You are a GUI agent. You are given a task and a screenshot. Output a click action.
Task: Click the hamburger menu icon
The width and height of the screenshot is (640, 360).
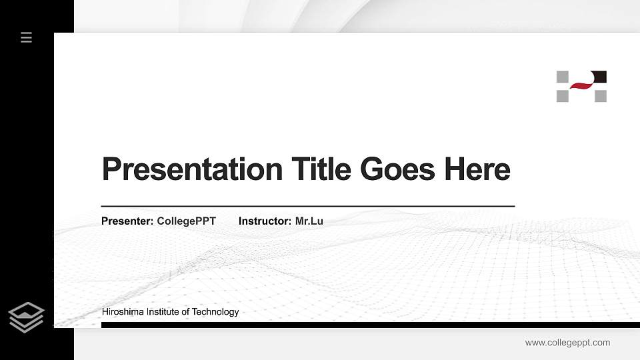pos(27,37)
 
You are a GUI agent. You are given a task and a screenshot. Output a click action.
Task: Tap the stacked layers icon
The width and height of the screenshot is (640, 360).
pos(27,317)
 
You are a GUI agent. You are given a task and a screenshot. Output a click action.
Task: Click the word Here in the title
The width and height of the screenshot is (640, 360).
pos(477,169)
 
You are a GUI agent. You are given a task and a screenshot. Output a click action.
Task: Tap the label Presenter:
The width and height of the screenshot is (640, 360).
pos(127,221)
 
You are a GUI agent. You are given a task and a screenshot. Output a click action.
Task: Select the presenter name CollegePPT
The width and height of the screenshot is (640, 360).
pos(186,221)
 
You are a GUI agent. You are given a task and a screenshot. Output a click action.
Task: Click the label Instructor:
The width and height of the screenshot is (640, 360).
pos(265,221)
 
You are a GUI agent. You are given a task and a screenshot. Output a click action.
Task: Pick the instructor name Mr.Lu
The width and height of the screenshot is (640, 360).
pos(309,221)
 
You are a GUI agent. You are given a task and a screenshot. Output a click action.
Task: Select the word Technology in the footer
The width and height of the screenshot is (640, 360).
pos(216,312)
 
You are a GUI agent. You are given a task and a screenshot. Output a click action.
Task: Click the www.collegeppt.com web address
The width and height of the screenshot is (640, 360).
pos(567,343)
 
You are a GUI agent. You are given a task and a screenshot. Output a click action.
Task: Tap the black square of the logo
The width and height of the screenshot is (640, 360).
pos(599,76)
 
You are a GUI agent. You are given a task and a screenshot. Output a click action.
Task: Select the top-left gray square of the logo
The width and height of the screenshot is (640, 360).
pos(563,76)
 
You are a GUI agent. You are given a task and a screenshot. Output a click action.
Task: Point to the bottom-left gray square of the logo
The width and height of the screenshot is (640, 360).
pos(563,96)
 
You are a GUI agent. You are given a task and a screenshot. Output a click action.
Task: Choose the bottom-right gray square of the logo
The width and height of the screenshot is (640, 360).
pos(600,96)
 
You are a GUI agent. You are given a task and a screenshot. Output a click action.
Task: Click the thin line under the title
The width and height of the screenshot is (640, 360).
pos(307,207)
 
